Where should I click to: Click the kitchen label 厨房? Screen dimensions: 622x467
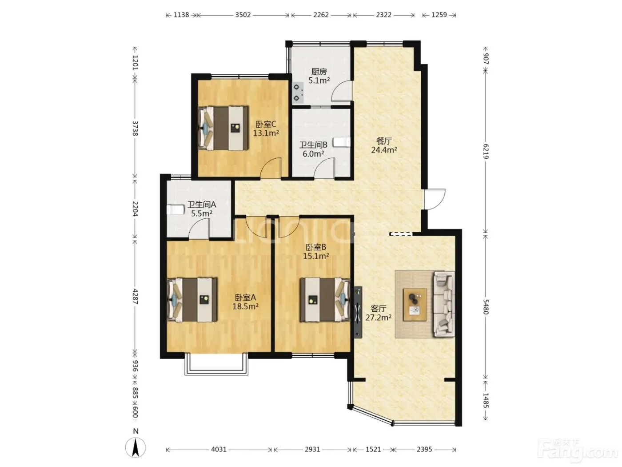click(x=319, y=72)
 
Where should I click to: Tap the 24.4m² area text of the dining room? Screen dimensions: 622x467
click(x=384, y=150)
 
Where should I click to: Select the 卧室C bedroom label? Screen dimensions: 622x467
click(x=266, y=124)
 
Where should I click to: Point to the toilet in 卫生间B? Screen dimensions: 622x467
click(x=342, y=142)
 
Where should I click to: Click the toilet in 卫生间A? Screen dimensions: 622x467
click(x=175, y=209)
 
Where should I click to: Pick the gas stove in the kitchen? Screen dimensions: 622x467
click(x=298, y=93)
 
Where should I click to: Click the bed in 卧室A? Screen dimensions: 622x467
click(x=192, y=300)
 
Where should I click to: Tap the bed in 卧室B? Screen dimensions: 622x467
click(x=325, y=300)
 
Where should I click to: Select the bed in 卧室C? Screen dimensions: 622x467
click(x=223, y=128)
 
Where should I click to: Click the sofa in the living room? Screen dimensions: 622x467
click(x=444, y=304)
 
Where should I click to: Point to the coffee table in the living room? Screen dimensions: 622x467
click(x=415, y=305)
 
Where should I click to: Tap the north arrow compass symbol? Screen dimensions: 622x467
click(x=136, y=447)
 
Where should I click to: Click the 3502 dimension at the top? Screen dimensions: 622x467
click(x=243, y=15)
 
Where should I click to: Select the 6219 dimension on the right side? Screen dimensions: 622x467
click(x=486, y=151)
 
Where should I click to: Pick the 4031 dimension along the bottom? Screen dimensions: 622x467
click(x=219, y=449)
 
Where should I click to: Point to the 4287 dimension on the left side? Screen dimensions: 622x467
click(x=135, y=296)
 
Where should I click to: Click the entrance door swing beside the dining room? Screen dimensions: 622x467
click(x=435, y=199)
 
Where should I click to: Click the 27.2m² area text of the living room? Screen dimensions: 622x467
click(x=378, y=317)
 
